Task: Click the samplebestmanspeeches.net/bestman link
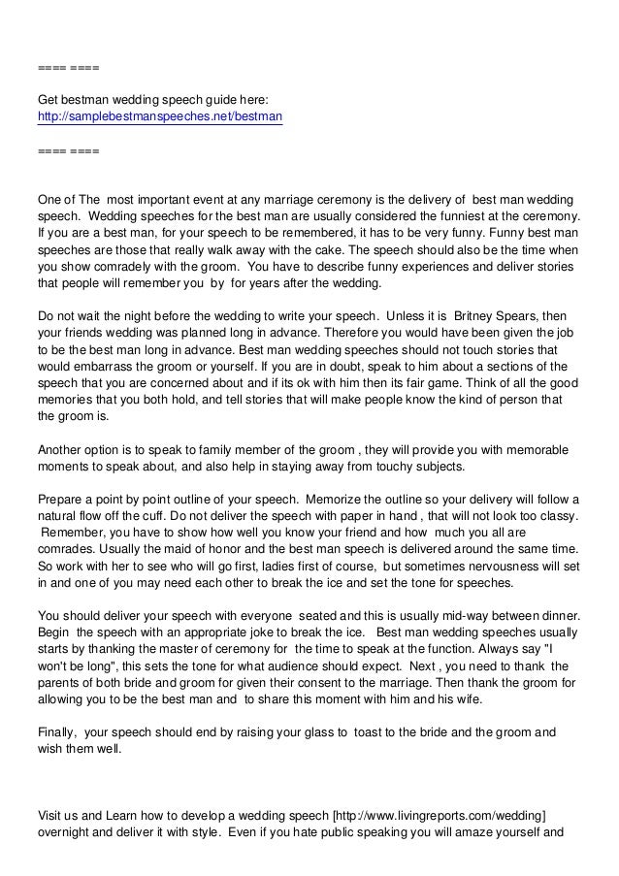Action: coord(160,117)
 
